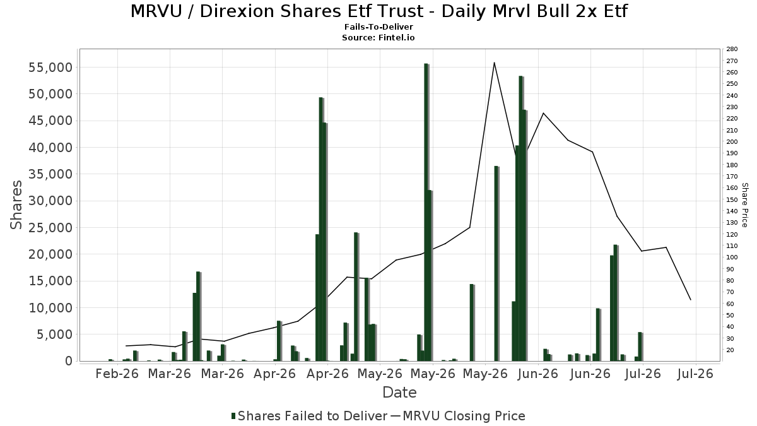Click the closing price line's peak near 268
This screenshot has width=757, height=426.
pos(494,62)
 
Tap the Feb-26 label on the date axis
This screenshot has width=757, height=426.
pos(117,374)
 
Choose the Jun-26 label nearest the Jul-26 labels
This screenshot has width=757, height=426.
pos(590,374)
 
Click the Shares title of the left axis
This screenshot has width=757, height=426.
pos(16,205)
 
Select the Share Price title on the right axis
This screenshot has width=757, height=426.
pos(744,205)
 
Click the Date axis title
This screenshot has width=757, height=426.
pos(399,393)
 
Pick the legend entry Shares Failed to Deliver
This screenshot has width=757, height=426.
pos(309,416)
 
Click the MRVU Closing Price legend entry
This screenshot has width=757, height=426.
pos(458,416)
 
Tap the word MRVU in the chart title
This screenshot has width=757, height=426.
pos(156,11)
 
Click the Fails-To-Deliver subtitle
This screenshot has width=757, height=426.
pos(378,27)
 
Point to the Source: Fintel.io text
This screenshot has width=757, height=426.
pos(378,37)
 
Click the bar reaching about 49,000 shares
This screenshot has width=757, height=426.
pos(321,229)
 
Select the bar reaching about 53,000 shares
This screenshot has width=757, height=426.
pos(521,218)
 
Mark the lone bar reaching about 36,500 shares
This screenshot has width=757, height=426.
pos(496,263)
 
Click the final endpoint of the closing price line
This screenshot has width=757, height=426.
pos(691,300)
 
